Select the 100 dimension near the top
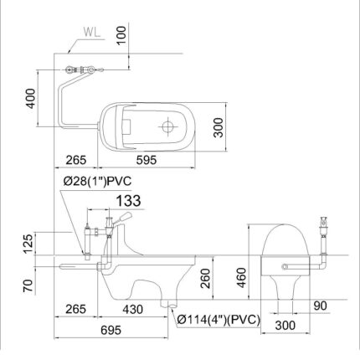point(122,34)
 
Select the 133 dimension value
point(128,200)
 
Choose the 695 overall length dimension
point(111,330)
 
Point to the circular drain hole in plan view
point(167,126)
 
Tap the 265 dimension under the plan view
point(76,160)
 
